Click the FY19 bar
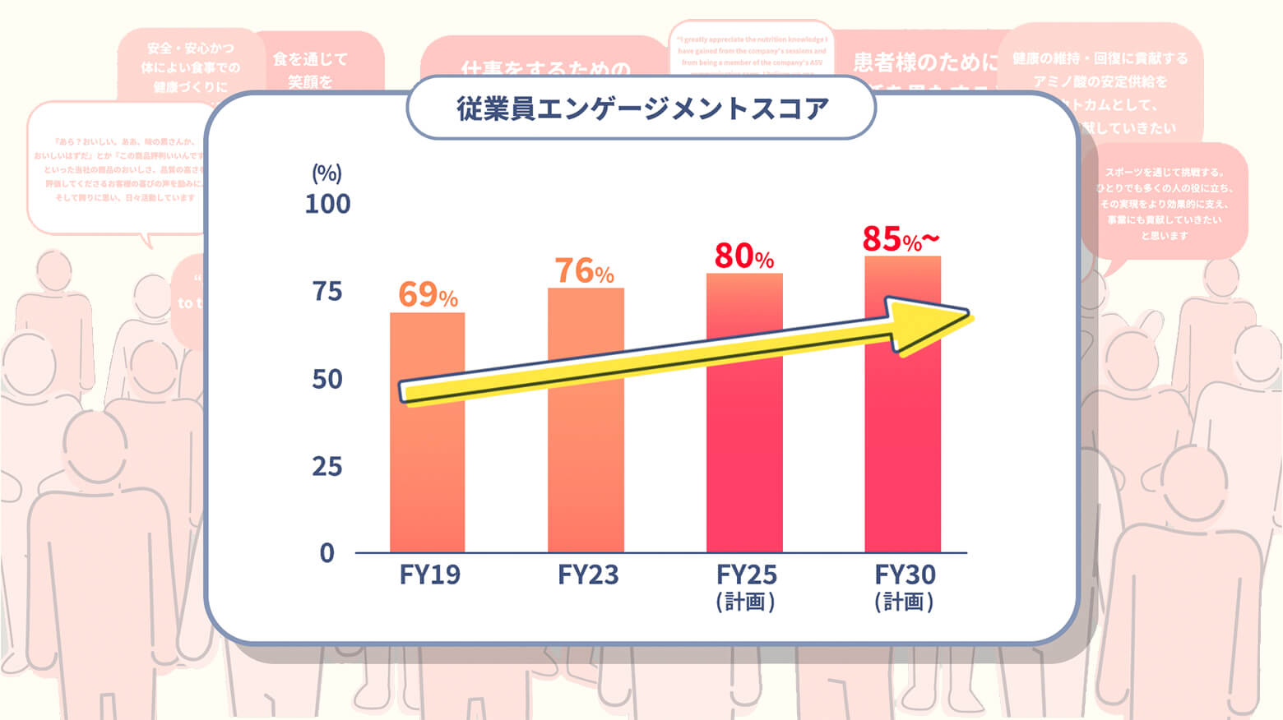coord(427,477)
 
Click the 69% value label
coord(427,294)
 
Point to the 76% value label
coord(584,270)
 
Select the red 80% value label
coord(743,256)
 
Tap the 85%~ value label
coord(900,239)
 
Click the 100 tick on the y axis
coord(327,204)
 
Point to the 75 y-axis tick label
coord(327,291)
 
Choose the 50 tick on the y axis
coord(327,379)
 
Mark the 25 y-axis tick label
coord(327,467)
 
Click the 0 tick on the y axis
coord(327,553)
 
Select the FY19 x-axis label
coord(429,575)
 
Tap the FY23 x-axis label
coord(587,575)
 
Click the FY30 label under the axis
coord(905,575)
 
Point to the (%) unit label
coord(327,173)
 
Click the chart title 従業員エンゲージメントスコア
coord(641,108)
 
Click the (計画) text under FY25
coord(745,602)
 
